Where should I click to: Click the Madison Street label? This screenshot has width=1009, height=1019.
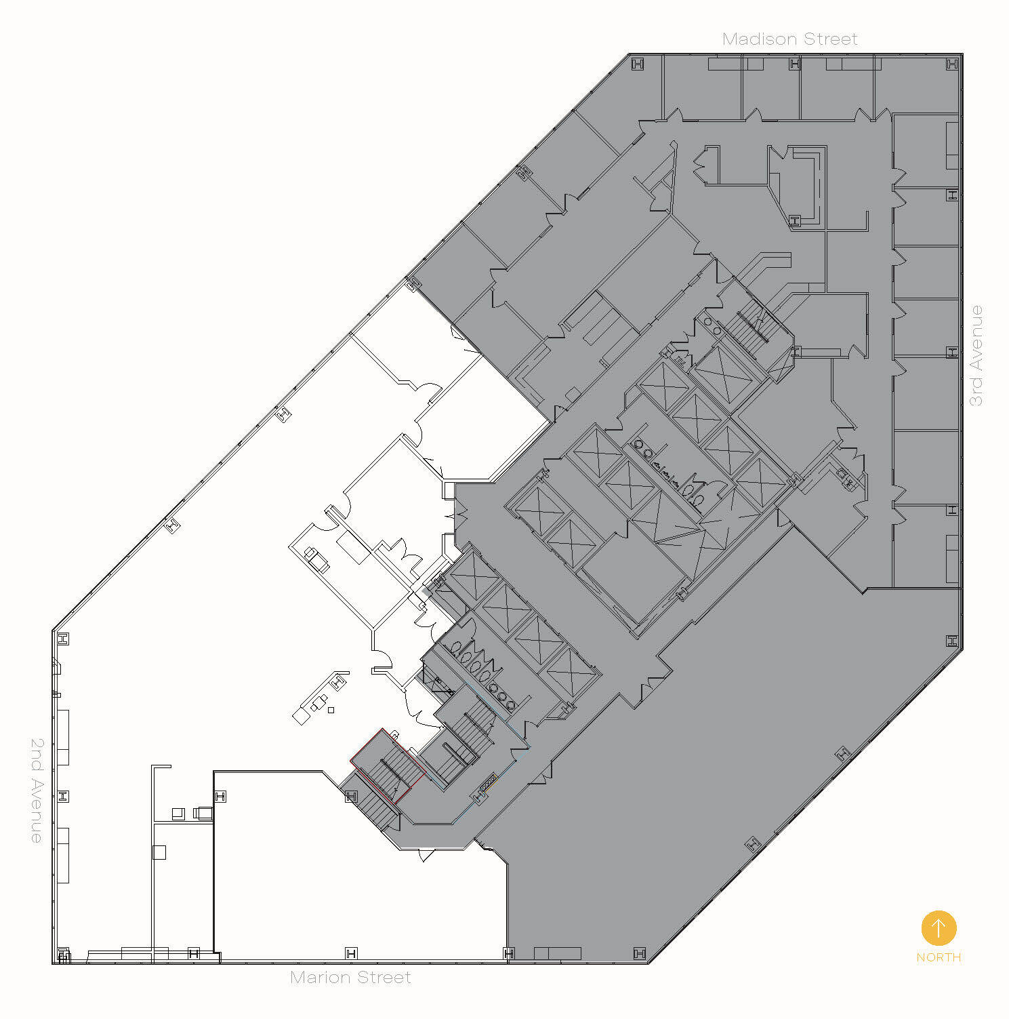[789, 39]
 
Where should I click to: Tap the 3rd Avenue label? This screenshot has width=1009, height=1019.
[976, 355]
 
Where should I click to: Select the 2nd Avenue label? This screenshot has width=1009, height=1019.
[37, 790]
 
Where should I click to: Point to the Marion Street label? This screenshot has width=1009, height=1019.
[350, 977]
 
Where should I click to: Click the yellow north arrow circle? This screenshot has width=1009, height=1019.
[939, 927]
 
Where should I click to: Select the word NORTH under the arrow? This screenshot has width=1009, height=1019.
[939, 957]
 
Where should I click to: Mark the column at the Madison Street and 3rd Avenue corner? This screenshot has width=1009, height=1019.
[952, 64]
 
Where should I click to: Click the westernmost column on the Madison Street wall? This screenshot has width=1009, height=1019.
[637, 64]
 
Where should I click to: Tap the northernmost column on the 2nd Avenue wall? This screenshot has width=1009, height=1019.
[63, 639]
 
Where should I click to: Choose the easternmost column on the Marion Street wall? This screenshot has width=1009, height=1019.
[639, 953]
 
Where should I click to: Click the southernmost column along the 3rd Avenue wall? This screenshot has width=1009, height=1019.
[952, 641]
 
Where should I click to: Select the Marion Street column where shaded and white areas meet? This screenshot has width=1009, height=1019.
[509, 953]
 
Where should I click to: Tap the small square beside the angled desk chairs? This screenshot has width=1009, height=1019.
[331, 710]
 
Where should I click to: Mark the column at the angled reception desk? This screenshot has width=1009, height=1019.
[339, 679]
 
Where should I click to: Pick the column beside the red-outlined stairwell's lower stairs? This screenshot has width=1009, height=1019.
[351, 796]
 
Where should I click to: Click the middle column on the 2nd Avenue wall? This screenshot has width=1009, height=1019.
[63, 796]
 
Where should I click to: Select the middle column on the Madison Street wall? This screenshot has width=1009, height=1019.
[795, 64]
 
